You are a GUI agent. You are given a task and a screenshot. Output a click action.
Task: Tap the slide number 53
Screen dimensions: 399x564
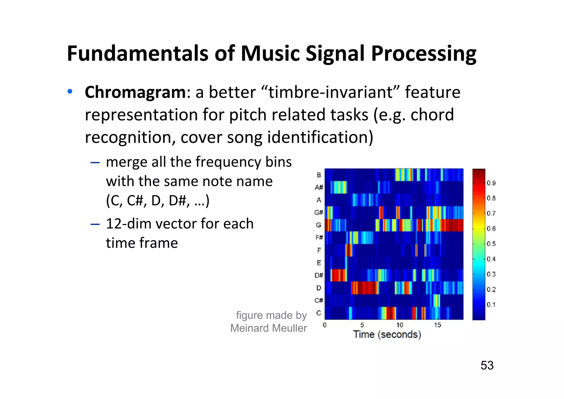tap(487, 366)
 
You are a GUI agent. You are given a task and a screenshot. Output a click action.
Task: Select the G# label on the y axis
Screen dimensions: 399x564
tap(319, 212)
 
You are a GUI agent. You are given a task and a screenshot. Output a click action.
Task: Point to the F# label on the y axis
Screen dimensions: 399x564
tap(319, 238)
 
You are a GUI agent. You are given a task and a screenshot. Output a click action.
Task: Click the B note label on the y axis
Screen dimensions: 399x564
tap(319, 175)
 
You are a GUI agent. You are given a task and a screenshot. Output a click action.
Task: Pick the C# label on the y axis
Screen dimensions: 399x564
tap(319, 300)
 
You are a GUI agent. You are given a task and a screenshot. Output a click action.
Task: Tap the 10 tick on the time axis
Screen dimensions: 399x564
tap(400, 325)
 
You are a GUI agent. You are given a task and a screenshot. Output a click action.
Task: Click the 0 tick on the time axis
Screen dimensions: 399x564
tap(325, 325)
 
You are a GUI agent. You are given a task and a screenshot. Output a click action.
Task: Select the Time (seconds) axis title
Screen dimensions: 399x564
tap(387, 335)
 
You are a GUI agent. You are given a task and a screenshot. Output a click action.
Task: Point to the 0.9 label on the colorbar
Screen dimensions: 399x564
tap(491, 183)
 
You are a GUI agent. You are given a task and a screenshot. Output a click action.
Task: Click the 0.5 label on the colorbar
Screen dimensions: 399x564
tap(491, 244)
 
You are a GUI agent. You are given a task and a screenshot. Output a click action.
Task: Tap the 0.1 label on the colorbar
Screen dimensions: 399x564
tap(491, 305)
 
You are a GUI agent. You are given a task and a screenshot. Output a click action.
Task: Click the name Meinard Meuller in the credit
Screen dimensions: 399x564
tap(269, 328)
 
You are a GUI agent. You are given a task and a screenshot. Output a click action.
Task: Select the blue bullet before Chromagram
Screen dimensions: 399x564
tap(70, 91)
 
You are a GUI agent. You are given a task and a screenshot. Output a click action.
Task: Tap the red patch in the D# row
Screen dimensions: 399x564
tap(338, 275)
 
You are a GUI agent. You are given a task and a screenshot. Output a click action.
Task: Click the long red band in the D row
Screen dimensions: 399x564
tap(365, 288)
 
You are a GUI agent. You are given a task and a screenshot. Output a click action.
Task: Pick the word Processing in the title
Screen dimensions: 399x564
tap(424, 54)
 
